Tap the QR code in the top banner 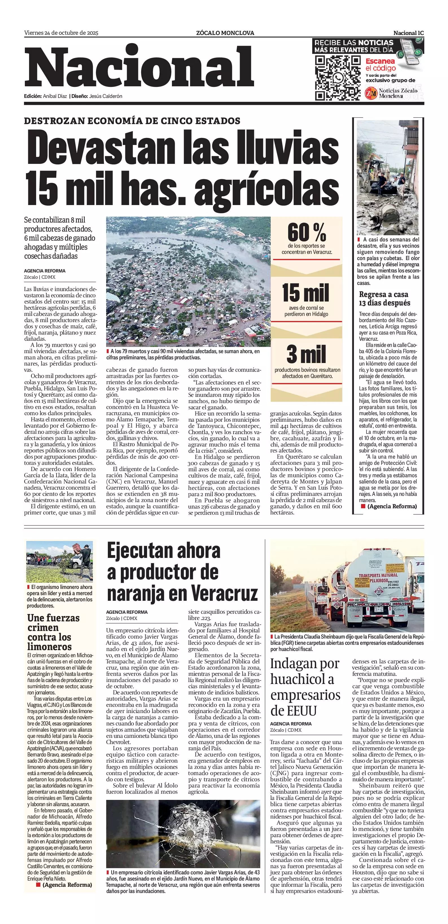(x=337, y=78)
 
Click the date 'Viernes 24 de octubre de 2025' (x=61, y=33)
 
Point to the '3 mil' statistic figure (x=306, y=354)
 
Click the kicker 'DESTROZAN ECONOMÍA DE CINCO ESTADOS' (x=132, y=121)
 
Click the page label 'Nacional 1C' (x=408, y=33)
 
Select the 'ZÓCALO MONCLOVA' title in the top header (x=225, y=33)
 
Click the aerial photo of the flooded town (x=188, y=281)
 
